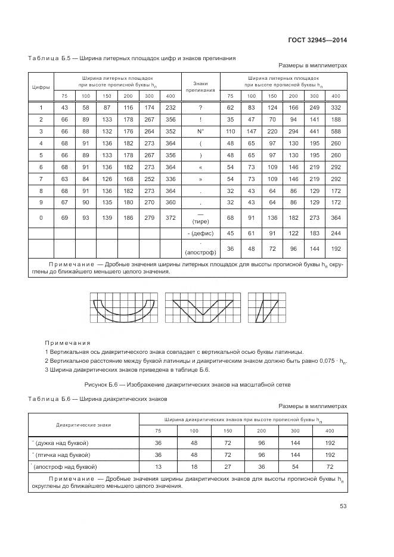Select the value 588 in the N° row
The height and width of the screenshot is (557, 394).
tap(336, 130)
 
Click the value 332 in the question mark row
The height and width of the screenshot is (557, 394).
tap(336, 107)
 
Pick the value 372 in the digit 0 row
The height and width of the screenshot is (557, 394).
tap(170, 218)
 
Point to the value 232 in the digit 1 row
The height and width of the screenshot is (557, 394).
tap(170, 107)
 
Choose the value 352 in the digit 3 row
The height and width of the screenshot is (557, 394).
tap(170, 130)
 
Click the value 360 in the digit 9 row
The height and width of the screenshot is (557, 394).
tap(170, 203)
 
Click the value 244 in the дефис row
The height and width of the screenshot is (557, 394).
tap(336, 233)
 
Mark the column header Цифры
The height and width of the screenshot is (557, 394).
tap(41, 87)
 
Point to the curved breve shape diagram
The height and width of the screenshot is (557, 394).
tap(124, 307)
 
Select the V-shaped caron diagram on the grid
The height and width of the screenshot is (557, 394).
tap(202, 307)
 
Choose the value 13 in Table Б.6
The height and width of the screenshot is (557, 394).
tap(158, 466)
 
